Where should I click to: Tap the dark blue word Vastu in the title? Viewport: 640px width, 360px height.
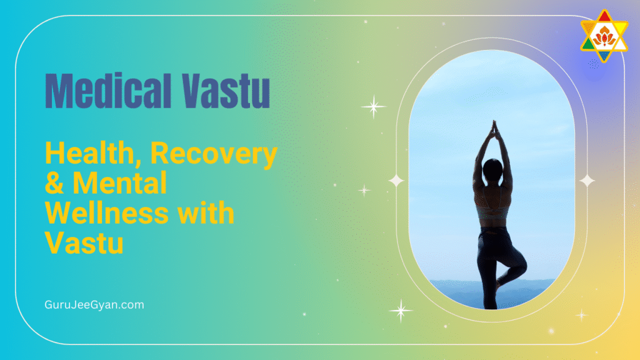click(226, 91)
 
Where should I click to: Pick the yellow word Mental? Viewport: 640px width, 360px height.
click(120, 184)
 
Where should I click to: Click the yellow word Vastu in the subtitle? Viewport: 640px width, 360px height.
click(83, 242)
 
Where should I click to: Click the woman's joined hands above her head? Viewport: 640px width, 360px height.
click(492, 128)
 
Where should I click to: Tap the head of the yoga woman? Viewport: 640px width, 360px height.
click(493, 167)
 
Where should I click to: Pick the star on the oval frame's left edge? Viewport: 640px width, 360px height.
click(396, 181)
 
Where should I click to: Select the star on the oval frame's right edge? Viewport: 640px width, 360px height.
click(587, 181)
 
